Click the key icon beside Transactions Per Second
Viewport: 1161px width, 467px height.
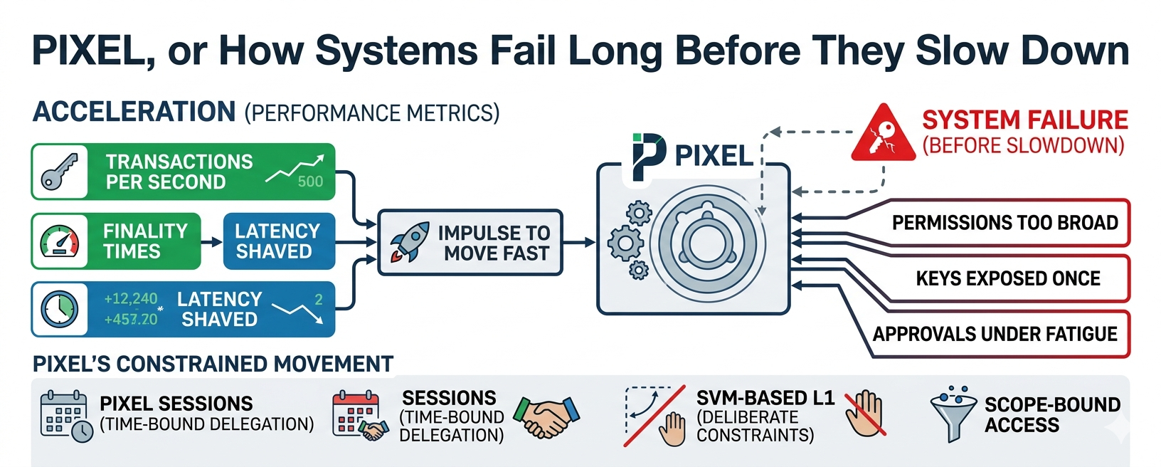(x=59, y=172)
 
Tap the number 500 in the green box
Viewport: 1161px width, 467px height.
(x=310, y=181)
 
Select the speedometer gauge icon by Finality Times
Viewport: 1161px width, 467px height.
(x=60, y=241)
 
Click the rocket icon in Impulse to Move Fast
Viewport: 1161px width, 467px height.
(x=410, y=242)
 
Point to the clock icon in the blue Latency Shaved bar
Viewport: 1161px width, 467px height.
(x=60, y=309)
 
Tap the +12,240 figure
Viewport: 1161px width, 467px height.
(x=131, y=299)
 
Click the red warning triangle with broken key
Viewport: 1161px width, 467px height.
(x=883, y=133)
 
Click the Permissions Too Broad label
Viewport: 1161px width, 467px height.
(x=1005, y=223)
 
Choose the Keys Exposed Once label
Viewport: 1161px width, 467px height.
(x=1008, y=278)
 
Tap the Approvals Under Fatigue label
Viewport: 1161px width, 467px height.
(x=995, y=334)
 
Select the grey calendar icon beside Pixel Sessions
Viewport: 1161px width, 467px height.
(x=66, y=416)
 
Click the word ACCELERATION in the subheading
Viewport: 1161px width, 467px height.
(x=134, y=112)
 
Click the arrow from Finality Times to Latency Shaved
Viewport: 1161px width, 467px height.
(x=211, y=241)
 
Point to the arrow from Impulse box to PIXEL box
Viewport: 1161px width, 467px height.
(x=579, y=242)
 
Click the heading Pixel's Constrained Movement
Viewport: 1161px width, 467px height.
(x=213, y=364)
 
